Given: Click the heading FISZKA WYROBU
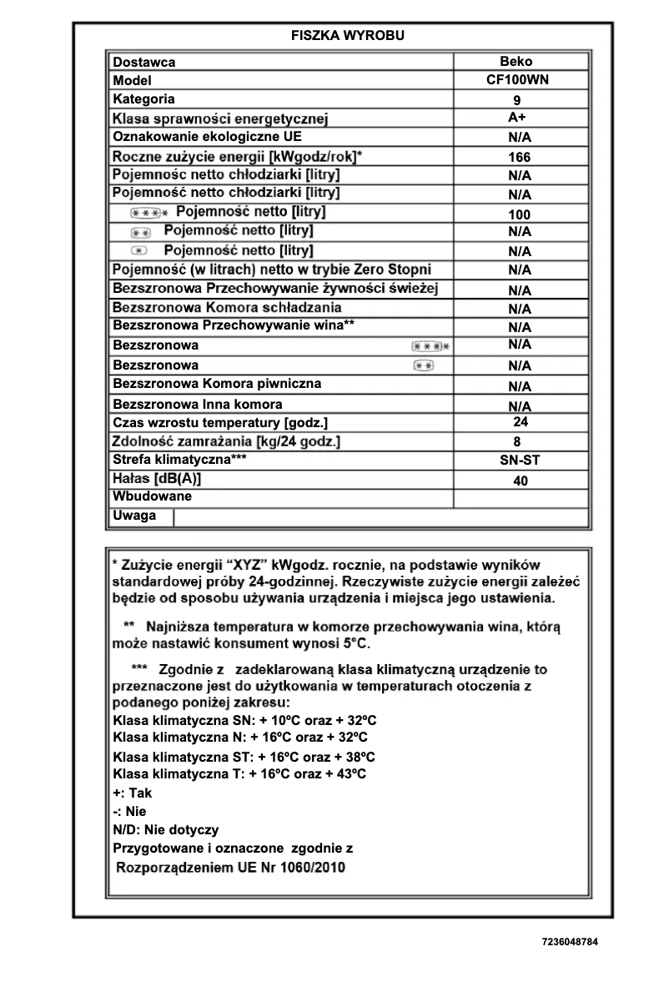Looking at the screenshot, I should click(347, 36).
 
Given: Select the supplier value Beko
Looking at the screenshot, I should click(516, 61).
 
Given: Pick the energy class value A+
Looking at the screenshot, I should click(516, 118).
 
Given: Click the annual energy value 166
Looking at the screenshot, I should click(519, 156).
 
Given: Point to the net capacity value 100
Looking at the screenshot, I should click(519, 214).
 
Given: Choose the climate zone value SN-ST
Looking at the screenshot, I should click(520, 459).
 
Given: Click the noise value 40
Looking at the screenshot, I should click(520, 481).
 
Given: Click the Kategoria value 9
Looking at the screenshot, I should click(517, 100).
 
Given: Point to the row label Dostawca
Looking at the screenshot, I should click(144, 62).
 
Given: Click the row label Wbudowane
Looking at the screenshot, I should click(152, 496).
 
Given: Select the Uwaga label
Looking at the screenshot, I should click(134, 516).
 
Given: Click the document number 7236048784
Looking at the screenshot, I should click(570, 941).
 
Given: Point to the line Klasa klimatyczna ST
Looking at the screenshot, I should click(244, 757).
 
